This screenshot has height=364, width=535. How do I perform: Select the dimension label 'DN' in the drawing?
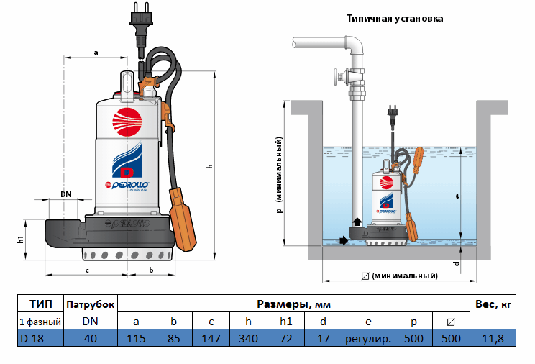(66, 194)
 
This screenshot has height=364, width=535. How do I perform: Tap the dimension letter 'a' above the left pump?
(96, 52)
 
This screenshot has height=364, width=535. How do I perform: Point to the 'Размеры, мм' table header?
(293, 305)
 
